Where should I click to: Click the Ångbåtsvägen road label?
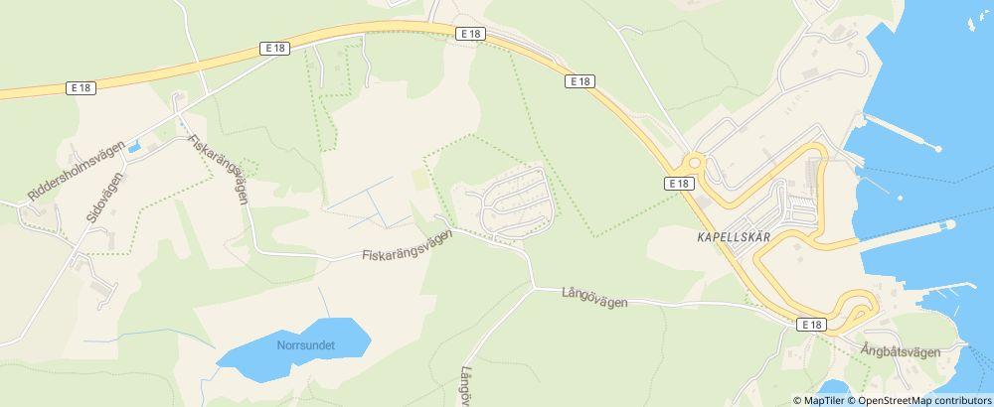point(901,350)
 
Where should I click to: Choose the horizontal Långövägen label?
point(593,296)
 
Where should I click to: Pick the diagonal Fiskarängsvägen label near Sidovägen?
point(217,169)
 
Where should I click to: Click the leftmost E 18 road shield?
point(83,88)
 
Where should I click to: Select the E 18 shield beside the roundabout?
point(678,184)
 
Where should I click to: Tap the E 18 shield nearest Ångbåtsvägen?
point(811,325)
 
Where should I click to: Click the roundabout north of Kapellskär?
point(693,162)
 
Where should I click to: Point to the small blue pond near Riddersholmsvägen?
point(133,149)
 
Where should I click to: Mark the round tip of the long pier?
point(950,224)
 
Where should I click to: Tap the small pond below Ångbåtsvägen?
point(834,388)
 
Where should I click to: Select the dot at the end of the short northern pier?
point(937,149)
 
